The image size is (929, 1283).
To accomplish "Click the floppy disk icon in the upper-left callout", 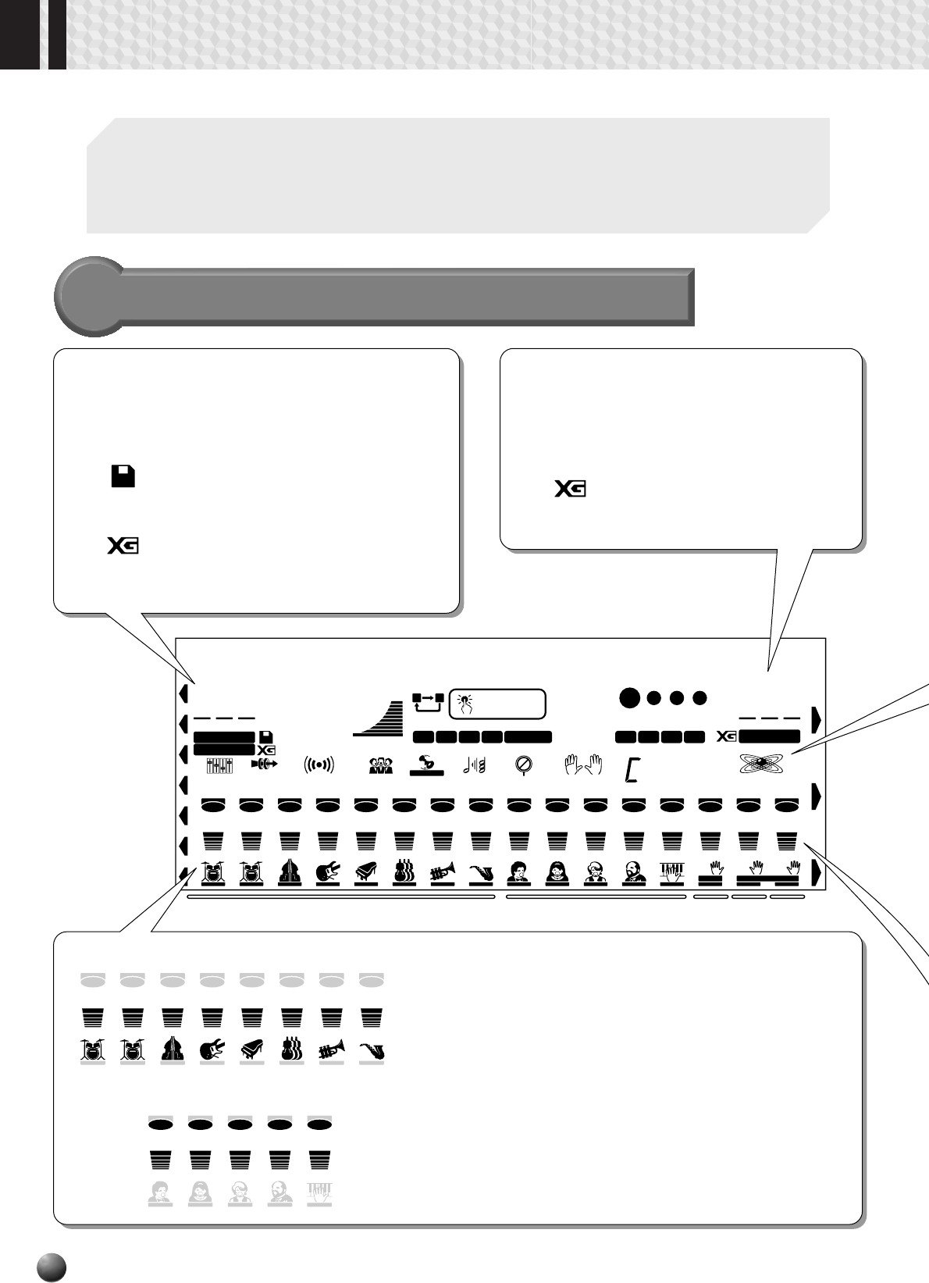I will click(124, 476).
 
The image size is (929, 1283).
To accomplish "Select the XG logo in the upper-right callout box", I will click(571, 490).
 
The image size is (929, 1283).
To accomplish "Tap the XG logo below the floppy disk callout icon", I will click(123, 546).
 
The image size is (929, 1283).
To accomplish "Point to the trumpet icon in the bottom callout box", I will click(332, 1050).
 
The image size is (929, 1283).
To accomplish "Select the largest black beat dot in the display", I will click(629, 697).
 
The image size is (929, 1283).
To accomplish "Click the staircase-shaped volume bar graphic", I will click(381, 719).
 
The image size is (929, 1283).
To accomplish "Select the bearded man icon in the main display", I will click(633, 871).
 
